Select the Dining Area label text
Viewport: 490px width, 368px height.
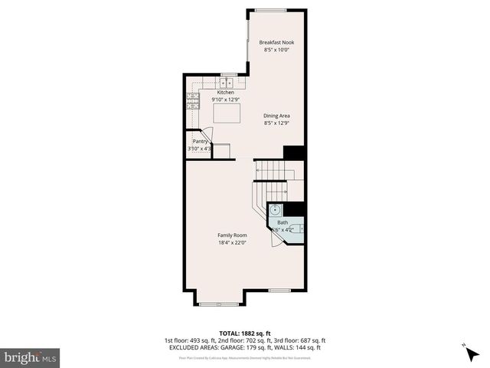click(276, 116)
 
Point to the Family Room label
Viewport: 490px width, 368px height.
click(232, 235)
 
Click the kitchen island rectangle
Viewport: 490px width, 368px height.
click(226, 114)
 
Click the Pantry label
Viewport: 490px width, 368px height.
click(200, 141)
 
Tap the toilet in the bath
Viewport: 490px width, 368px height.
click(296, 228)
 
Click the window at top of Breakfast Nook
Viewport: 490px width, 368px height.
click(270, 10)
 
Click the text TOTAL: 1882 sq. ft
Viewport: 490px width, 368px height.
click(244, 333)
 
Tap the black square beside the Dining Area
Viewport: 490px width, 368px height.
click(294, 153)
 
